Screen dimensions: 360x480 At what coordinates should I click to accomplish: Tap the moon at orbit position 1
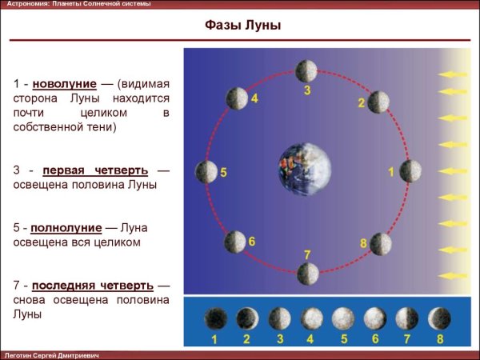point(410,170)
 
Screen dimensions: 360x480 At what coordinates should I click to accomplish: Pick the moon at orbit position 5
point(206,171)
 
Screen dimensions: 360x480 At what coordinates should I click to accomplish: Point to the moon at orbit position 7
point(307,274)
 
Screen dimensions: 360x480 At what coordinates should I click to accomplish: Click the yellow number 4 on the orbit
point(254,99)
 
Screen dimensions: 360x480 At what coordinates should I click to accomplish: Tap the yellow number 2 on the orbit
point(362,103)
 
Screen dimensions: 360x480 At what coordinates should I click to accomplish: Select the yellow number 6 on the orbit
point(251,241)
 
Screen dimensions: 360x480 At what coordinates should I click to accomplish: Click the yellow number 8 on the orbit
point(363,242)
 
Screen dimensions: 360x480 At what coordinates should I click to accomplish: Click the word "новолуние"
point(65,84)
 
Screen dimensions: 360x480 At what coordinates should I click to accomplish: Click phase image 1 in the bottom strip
point(214,318)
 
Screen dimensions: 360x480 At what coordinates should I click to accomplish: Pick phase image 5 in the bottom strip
point(342,318)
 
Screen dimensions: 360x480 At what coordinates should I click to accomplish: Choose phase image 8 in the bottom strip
point(439,318)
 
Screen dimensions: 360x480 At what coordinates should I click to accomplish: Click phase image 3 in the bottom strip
point(279,318)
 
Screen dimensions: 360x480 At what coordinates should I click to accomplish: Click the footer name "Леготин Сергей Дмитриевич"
point(52,354)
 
